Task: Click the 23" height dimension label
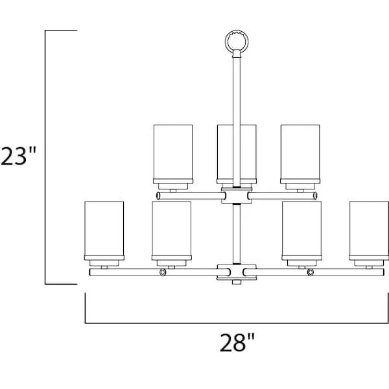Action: click(19, 156)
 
